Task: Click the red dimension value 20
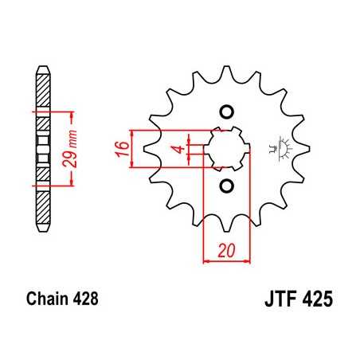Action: [x=227, y=250]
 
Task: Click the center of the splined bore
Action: [x=226, y=148]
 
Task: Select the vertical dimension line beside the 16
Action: [x=133, y=148]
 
